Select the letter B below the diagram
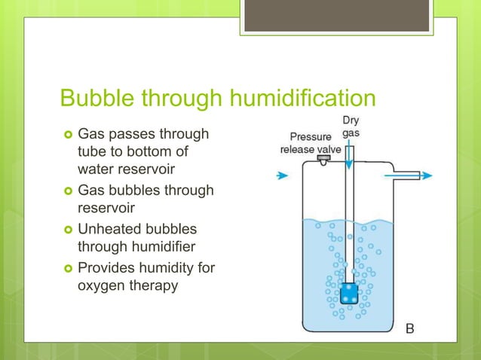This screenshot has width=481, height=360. [411, 328]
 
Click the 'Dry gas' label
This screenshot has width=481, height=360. [351, 127]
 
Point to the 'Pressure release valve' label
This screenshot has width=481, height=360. [311, 143]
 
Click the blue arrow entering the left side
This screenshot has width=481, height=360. [282, 175]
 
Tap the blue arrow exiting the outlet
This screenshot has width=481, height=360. [426, 175]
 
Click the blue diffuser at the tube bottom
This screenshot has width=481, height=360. [348, 291]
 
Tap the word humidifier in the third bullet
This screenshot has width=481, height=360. [162, 246]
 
